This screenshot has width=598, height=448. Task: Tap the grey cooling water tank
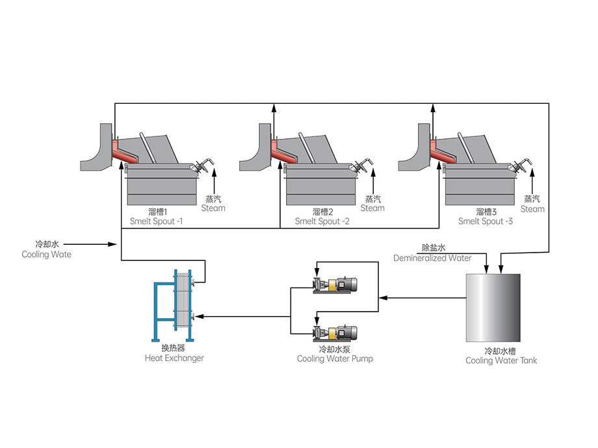click(493, 308)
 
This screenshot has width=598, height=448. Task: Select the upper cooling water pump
click(335, 284)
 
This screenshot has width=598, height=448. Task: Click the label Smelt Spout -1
click(156, 221)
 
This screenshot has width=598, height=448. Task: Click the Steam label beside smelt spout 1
click(213, 208)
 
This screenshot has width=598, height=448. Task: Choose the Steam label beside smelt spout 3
click(532, 208)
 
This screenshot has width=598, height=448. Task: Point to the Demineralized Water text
click(432, 258)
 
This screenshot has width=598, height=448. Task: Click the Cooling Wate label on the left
click(46, 255)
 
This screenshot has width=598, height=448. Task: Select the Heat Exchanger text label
click(174, 358)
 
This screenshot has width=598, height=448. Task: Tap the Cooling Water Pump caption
click(335, 358)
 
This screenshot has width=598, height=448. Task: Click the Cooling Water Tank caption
click(501, 360)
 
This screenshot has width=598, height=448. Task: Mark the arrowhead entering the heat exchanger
click(199, 317)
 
